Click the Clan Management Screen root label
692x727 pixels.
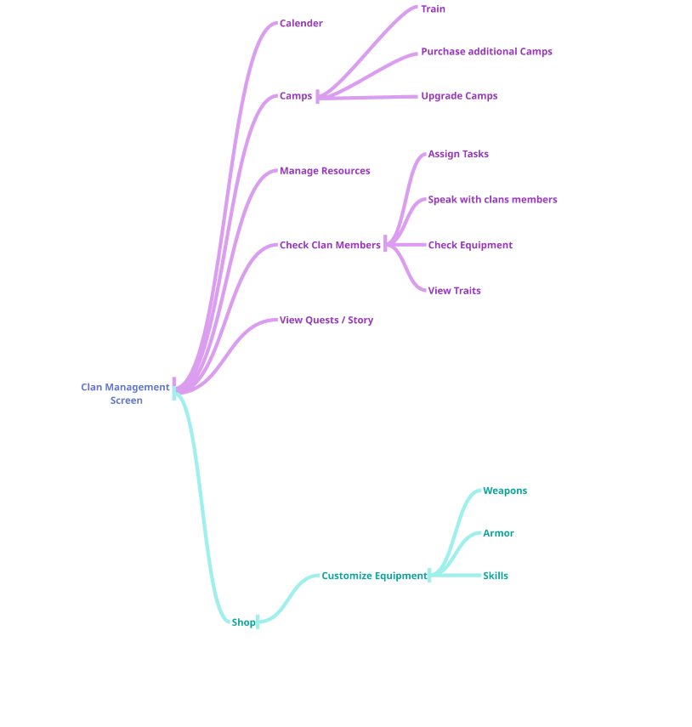click(126, 394)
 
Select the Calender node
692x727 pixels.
click(301, 24)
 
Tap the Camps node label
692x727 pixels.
click(296, 96)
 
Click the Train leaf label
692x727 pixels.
click(434, 9)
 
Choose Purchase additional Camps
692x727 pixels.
click(487, 52)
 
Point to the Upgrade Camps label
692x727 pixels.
click(459, 96)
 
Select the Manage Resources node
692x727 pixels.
click(326, 171)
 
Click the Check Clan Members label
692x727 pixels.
click(331, 245)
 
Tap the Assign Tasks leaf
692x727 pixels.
click(458, 154)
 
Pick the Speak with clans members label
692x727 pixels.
click(492, 200)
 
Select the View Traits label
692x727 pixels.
click(454, 291)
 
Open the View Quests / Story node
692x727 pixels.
click(327, 321)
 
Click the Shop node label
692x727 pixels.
click(243, 622)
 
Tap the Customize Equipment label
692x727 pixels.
click(374, 576)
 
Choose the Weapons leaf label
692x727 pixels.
click(505, 491)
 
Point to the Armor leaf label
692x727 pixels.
click(498, 533)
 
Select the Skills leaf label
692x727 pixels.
click(496, 576)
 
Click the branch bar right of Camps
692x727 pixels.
click(317, 96)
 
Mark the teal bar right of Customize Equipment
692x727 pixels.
click(429, 576)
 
